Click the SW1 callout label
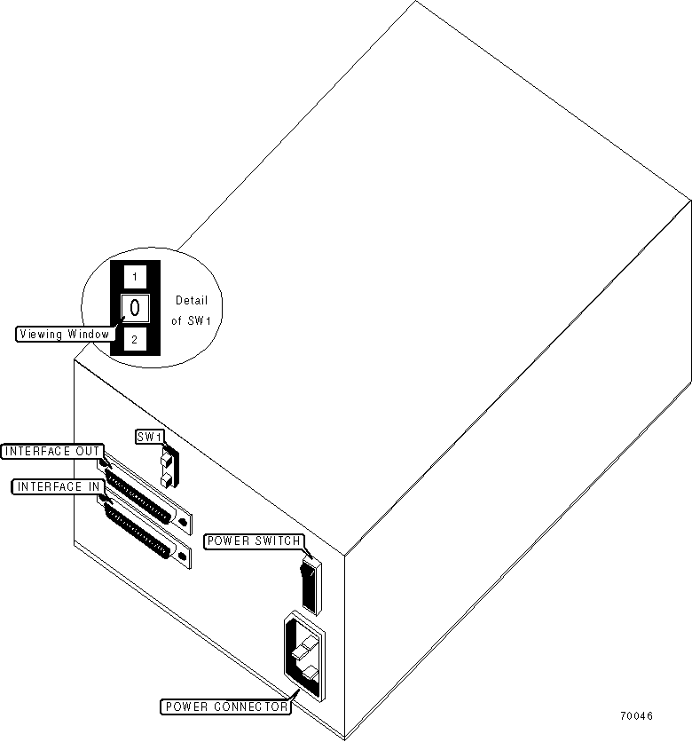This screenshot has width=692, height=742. pyautogui.click(x=146, y=436)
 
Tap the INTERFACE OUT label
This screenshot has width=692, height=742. pyautogui.click(x=52, y=451)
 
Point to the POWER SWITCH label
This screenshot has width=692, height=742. pyautogui.click(x=254, y=540)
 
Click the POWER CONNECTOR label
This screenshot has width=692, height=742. pyautogui.click(x=225, y=706)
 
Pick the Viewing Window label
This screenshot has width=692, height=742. pyautogui.click(x=63, y=335)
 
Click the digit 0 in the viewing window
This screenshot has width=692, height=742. pyautogui.click(x=134, y=308)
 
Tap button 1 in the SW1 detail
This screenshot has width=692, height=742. pyautogui.click(x=134, y=277)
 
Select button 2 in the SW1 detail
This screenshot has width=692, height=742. pyautogui.click(x=134, y=339)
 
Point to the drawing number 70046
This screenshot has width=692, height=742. pyautogui.click(x=636, y=715)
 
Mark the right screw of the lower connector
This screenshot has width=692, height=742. pyautogui.click(x=184, y=557)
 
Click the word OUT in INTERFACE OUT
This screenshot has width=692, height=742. pyautogui.click(x=88, y=451)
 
